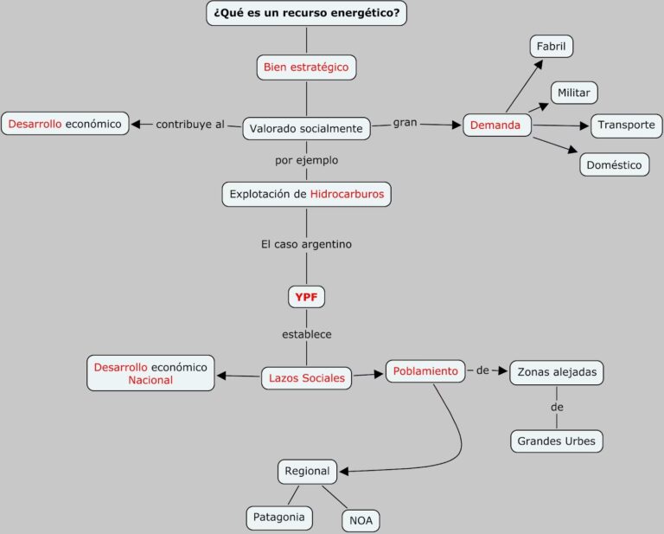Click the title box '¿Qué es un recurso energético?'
[306, 13]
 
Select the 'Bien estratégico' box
[306, 67]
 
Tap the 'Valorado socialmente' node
[306, 129]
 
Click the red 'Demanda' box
[495, 125]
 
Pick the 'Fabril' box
[551, 46]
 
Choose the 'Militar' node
[574, 92]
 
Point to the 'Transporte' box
[626, 125]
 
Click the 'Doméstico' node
[614, 164]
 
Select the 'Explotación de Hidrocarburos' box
[306, 194]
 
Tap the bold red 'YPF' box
[306, 296]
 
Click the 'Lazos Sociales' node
[306, 377]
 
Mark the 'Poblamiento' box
[425, 371]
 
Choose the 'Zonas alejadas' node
[556, 372]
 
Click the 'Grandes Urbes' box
[556, 441]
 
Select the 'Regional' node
[307, 472]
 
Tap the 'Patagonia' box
[278, 518]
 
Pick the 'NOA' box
[361, 521]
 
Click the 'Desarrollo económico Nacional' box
[150, 373]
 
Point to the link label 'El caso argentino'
[306, 244]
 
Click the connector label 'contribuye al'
[189, 125]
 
